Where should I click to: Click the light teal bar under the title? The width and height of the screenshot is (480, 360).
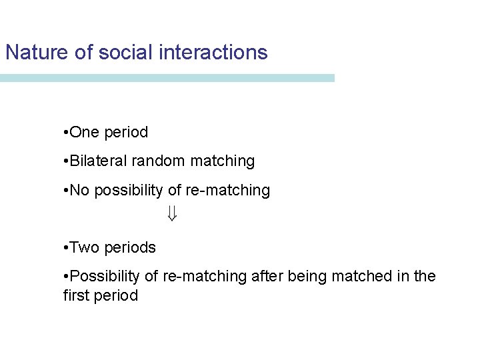pos(167,78)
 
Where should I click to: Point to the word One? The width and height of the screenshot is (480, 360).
pos(84,133)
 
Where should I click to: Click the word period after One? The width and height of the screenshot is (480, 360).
pos(126,133)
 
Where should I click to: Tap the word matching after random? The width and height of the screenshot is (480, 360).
pos(222,161)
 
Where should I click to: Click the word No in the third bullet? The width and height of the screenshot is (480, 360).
pos(79,191)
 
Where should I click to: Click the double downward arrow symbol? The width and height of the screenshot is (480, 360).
pos(171,214)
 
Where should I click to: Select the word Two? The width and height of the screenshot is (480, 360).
pos(85,247)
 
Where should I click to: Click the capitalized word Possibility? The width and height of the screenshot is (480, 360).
pos(104,277)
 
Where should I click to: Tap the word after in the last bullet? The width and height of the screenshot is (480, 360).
pos(265,277)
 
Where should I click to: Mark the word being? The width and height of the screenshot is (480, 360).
pos(303,277)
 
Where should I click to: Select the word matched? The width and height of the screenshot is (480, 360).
pos(360,277)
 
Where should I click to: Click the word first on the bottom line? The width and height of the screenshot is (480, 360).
pos(78,295)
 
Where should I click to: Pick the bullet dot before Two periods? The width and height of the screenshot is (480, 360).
pos(63,248)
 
